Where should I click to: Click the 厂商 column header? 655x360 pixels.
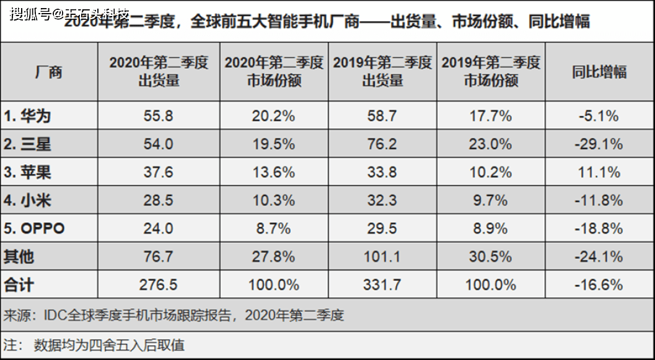49,72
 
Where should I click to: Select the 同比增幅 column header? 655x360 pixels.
599,72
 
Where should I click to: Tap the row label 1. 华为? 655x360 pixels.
27,116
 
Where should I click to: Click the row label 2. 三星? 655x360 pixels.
27,144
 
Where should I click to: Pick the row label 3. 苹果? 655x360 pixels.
27,172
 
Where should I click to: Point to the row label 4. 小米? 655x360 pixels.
27,201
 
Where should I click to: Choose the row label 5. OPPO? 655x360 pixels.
34,229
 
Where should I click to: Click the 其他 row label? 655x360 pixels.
19,257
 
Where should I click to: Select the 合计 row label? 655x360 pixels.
19,285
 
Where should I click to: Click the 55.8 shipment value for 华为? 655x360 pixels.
158,116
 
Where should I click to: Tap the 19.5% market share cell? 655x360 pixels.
273,144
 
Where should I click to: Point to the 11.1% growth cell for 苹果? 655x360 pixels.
599,172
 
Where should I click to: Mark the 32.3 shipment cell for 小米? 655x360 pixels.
382,201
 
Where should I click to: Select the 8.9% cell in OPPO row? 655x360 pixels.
490,229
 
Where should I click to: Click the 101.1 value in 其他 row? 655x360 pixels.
382,257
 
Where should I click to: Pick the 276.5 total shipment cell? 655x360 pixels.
158,285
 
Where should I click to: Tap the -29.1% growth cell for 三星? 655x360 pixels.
599,144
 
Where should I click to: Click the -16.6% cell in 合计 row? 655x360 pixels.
599,285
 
